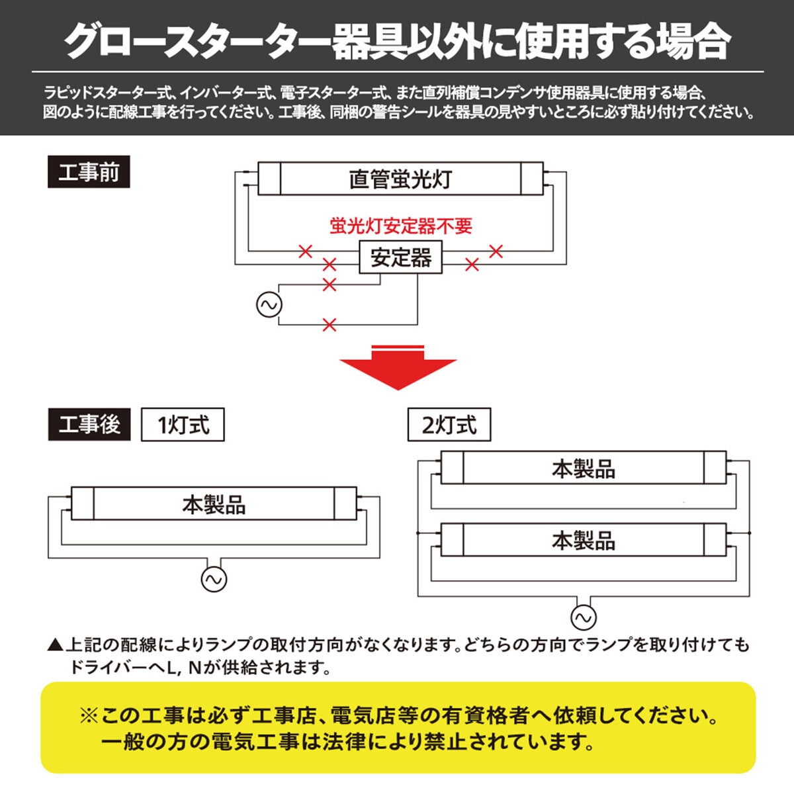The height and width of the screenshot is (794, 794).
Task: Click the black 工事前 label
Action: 89,173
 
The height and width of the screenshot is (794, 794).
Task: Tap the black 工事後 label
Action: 89,424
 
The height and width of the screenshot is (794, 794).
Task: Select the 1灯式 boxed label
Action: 183,425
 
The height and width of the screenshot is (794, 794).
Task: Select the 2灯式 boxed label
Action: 449,425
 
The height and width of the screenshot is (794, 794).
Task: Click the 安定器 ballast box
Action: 401,257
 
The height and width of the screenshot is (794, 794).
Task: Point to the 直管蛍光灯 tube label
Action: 400,179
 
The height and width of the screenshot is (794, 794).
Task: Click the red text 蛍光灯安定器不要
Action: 401,226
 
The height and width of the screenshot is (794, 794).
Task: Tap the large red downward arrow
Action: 398,368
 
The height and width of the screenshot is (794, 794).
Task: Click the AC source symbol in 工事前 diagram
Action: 269,305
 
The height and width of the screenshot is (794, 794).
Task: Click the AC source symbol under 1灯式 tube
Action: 214,579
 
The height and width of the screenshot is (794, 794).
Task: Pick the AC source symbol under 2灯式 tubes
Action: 583,618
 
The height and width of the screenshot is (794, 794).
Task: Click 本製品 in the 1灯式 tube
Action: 214,506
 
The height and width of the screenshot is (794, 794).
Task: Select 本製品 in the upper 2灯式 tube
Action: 583,469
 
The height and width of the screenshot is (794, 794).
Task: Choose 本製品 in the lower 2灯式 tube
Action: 583,541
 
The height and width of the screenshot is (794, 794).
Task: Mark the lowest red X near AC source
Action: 329,325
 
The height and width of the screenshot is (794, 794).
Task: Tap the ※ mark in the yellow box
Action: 89,716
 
